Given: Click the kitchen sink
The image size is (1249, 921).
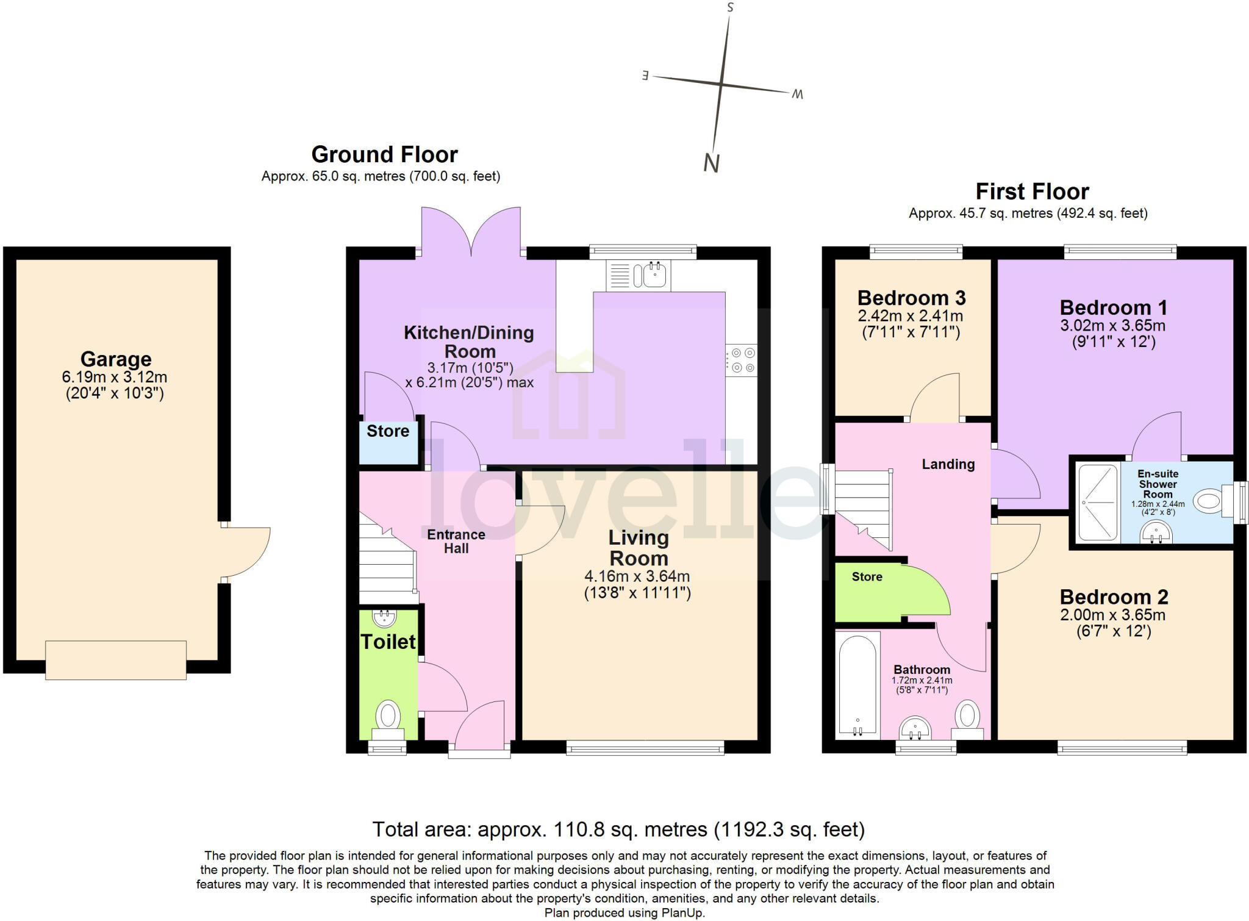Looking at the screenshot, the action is [639, 275].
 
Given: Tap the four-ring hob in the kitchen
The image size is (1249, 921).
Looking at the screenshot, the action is [741, 360].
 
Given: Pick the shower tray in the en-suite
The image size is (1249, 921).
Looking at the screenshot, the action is [1098, 502].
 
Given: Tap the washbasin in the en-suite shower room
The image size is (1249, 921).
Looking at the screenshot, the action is [1156, 534].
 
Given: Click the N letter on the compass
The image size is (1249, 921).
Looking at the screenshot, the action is [712, 163].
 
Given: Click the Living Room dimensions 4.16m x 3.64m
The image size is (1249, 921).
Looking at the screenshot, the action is [637, 576].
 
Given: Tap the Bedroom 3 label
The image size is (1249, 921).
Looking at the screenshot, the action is [911, 298].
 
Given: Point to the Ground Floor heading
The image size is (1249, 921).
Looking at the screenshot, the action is [384, 154].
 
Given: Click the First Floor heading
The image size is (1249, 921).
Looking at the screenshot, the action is [1032, 192].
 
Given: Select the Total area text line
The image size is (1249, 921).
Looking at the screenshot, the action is [618, 830].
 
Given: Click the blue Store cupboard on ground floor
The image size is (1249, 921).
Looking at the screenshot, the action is [388, 442].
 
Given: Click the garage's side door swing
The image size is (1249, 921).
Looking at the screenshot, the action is [247, 552].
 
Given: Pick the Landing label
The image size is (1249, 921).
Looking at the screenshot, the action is [948, 464].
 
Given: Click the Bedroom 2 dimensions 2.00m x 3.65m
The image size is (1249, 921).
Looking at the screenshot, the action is [1113, 615].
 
